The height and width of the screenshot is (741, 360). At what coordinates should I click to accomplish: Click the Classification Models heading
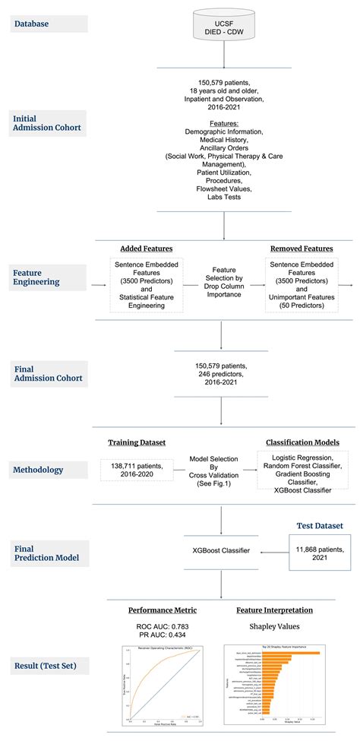pos(302,442)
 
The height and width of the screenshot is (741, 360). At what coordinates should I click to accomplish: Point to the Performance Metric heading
pos(162,610)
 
